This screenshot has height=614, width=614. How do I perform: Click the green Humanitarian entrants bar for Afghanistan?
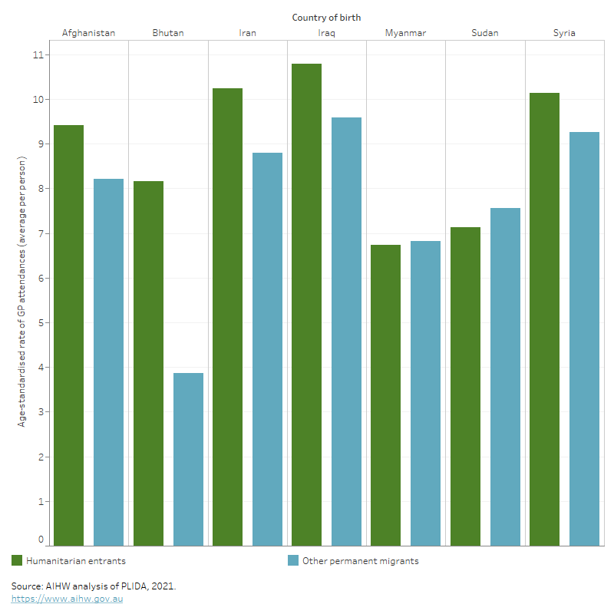(x=68, y=335)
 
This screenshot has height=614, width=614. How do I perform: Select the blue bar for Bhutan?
(x=188, y=459)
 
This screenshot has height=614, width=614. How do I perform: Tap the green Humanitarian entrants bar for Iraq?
(x=306, y=305)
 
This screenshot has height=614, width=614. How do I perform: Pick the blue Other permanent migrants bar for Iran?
(x=267, y=349)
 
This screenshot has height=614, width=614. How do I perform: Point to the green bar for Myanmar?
(x=385, y=395)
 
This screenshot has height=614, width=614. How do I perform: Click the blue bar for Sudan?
(x=505, y=377)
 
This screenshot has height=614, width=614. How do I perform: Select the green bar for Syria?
(x=544, y=319)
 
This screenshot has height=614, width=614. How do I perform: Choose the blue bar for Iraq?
(x=346, y=332)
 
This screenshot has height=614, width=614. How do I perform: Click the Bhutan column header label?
(x=168, y=33)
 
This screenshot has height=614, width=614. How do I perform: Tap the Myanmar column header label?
(x=405, y=33)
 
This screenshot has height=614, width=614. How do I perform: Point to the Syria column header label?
(x=564, y=33)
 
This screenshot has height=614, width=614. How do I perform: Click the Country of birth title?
(x=326, y=17)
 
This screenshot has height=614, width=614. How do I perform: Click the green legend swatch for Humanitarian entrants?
(x=17, y=560)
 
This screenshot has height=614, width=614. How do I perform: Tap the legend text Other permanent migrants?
(x=360, y=561)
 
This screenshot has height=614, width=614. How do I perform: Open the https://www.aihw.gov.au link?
(x=67, y=599)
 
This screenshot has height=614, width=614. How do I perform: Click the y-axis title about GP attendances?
(x=22, y=292)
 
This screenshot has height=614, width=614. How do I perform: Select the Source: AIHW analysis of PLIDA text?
(x=94, y=586)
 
